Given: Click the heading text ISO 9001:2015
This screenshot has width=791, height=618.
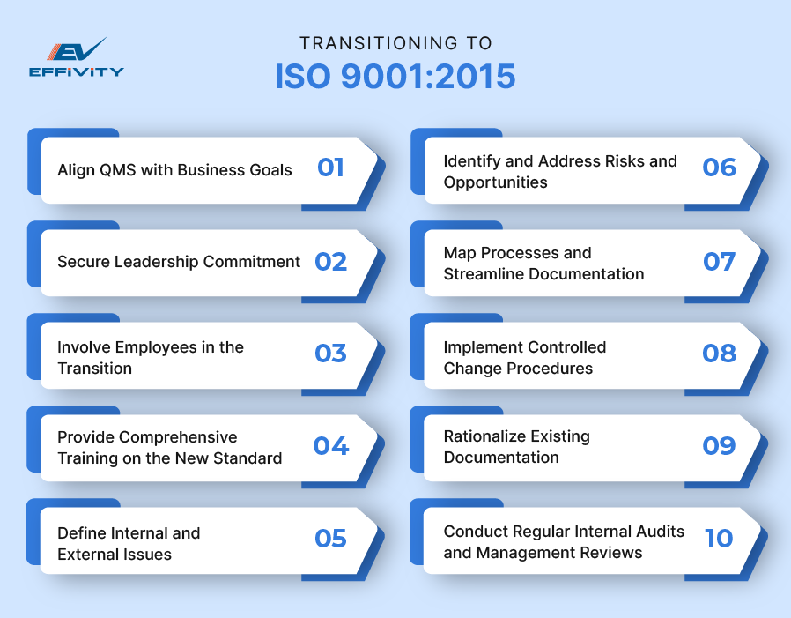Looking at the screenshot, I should (x=395, y=77).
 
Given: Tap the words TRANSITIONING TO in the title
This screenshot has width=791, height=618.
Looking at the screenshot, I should (x=395, y=43).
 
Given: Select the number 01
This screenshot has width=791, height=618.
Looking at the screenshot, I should (x=330, y=168).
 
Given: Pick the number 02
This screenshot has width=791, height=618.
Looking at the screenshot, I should (x=331, y=261).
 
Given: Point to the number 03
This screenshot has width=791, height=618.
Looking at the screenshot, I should (x=331, y=354).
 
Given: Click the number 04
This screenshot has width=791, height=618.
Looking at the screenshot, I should (x=331, y=446).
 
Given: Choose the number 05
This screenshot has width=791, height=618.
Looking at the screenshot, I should (x=331, y=539).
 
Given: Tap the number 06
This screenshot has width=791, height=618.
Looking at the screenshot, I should (x=719, y=168).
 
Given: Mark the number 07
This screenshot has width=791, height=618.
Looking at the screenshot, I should (x=719, y=261).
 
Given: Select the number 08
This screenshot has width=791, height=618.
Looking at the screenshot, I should (x=719, y=354).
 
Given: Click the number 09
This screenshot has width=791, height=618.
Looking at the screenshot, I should (x=719, y=446).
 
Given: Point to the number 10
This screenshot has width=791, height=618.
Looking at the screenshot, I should (x=719, y=539).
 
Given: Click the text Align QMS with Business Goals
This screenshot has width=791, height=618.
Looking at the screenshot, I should (x=174, y=169).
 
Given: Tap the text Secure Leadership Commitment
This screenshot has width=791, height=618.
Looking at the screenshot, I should (x=179, y=262).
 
